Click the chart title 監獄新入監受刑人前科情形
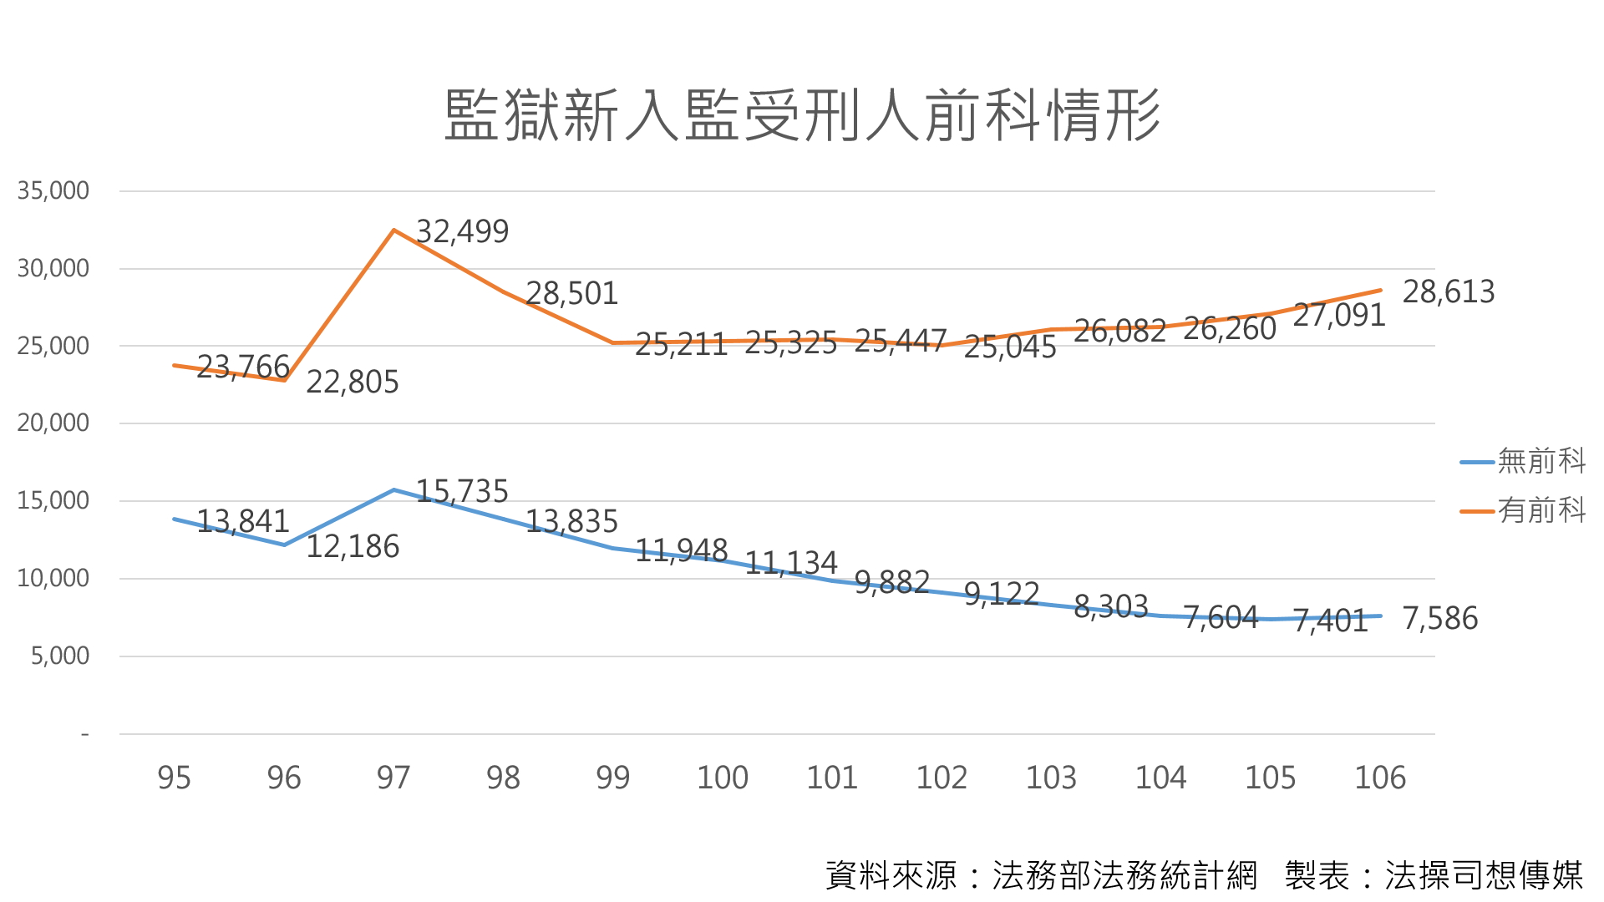coord(802,115)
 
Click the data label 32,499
coord(462,231)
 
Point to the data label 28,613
coord(1448,291)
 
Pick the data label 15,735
coord(462,491)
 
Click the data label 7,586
coord(1439,618)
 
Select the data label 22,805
coord(353,382)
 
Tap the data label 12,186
coord(353,546)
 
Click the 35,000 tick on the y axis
coord(53,191)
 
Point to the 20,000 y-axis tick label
coord(53,423)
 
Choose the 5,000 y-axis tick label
coord(60,656)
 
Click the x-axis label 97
coord(393,778)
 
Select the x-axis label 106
coord(1380,778)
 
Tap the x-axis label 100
coord(723,778)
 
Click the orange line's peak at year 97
coord(393,230)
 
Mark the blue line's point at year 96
coord(284,545)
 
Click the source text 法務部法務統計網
coord(1124,875)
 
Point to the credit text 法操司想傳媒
coord(1484,875)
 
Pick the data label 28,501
coord(571,293)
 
